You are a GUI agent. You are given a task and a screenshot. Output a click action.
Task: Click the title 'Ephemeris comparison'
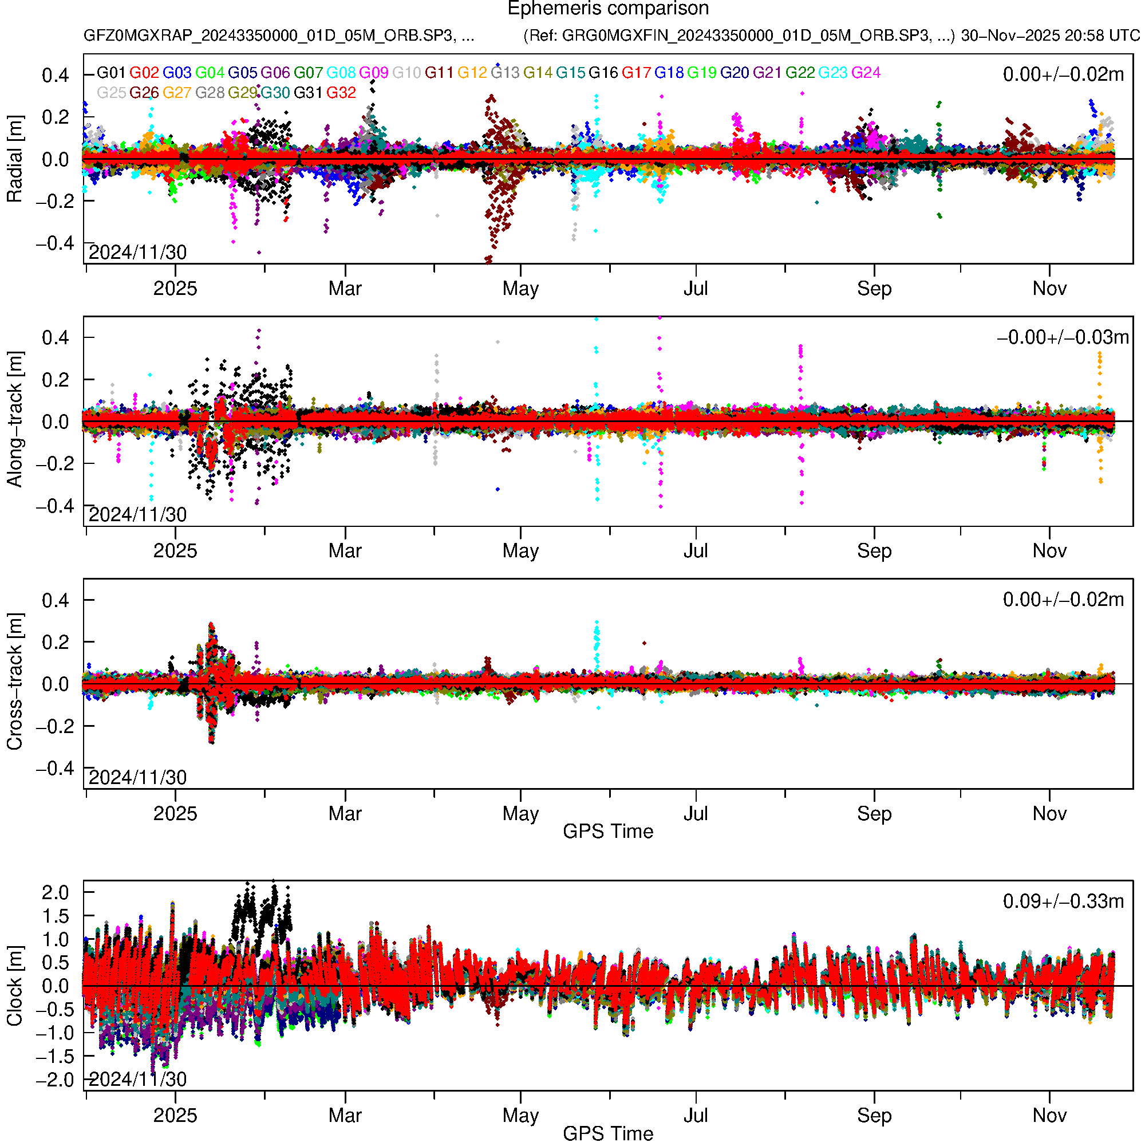click(607, 9)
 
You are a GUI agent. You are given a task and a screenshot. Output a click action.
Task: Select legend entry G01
click(111, 73)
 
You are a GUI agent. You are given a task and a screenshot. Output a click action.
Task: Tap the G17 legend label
click(636, 73)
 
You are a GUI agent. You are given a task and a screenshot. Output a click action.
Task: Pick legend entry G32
click(341, 93)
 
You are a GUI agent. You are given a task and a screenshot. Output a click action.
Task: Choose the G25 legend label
click(111, 93)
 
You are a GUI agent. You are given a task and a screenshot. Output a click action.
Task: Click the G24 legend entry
click(866, 73)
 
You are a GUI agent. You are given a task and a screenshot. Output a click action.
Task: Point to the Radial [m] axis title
click(14, 159)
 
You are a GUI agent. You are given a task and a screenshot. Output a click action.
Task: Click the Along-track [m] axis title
click(14, 420)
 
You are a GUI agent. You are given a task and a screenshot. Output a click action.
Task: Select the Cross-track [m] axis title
click(14, 682)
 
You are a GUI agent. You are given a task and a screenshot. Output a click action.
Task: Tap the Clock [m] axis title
click(14, 986)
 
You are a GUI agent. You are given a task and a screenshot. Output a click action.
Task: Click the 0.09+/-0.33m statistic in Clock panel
click(1063, 901)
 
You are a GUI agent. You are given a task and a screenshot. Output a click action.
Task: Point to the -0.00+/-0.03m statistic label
click(1063, 337)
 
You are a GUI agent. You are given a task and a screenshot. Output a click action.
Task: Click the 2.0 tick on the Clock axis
click(55, 893)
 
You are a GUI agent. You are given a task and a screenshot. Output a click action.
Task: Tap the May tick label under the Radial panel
click(520, 289)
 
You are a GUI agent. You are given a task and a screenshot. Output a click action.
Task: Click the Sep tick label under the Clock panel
click(874, 1116)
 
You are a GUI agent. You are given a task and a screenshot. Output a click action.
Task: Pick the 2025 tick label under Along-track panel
click(175, 551)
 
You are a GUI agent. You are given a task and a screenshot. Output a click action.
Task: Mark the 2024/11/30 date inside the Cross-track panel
click(137, 777)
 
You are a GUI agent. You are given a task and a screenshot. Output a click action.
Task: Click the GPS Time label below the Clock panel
click(607, 1134)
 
